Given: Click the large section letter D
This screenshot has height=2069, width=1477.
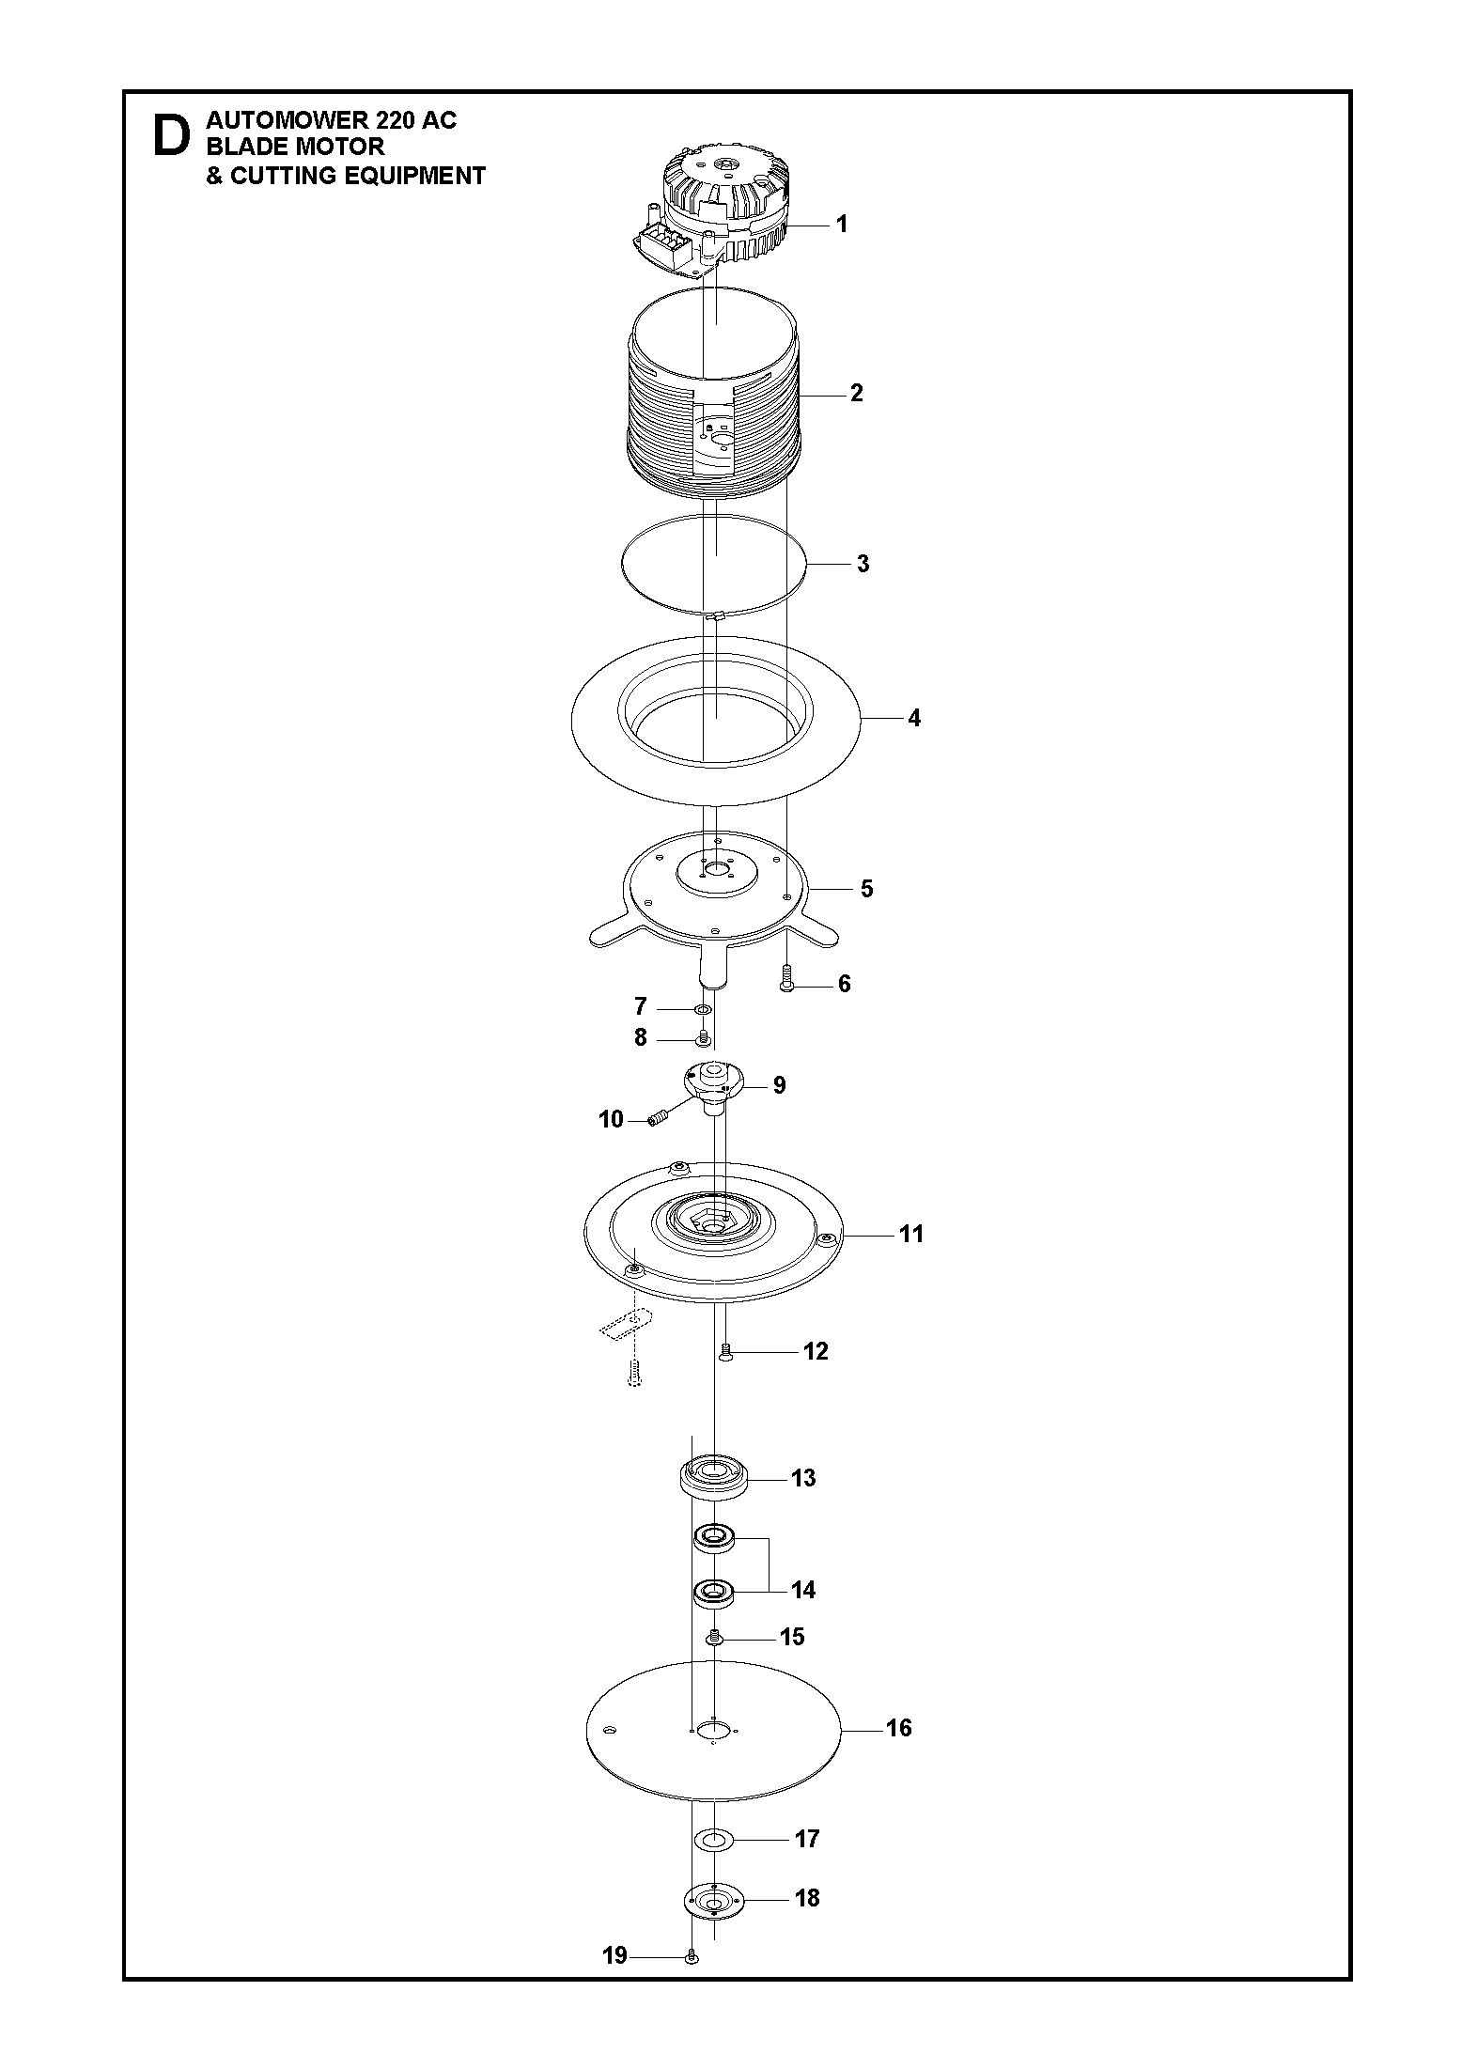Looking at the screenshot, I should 170,136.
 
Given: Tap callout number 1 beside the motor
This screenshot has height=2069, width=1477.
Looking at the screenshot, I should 842,224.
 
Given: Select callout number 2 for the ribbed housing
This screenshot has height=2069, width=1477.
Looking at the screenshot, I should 856,393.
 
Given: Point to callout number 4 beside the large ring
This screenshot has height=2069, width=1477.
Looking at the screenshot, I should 913,719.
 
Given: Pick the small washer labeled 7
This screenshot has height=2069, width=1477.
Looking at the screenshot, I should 702,1009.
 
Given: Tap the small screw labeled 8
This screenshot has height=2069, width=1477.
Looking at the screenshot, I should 701,1038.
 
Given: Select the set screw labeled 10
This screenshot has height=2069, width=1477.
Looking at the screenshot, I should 660,1117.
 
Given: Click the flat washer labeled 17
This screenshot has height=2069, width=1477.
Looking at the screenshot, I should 713,1838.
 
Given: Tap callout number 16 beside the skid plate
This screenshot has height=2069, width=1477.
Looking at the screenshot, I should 898,1728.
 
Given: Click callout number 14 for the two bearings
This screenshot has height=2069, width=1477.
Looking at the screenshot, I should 802,1590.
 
